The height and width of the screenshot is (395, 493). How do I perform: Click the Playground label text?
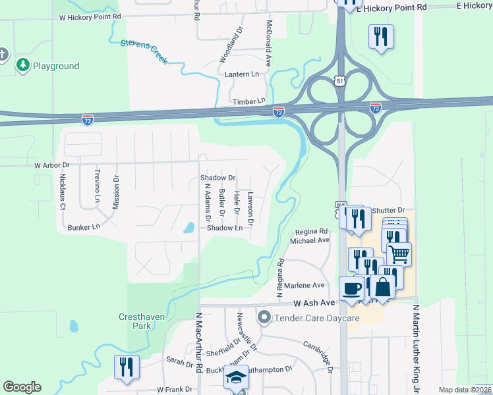56,66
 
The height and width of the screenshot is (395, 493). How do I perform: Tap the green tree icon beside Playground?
24,65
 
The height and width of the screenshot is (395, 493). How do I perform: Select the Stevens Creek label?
144,52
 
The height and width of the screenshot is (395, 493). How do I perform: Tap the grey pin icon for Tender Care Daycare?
264,318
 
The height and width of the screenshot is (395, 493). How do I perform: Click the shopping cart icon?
399,253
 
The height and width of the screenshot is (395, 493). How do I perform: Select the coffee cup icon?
350,288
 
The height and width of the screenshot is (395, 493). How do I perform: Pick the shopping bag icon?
382,286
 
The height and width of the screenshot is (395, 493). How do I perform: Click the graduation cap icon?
236,377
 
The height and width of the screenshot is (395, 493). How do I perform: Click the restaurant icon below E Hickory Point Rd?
381,36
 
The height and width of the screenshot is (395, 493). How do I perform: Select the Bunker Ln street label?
84,227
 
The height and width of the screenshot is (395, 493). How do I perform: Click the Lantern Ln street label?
242,74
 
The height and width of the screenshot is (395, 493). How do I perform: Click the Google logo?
22,387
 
